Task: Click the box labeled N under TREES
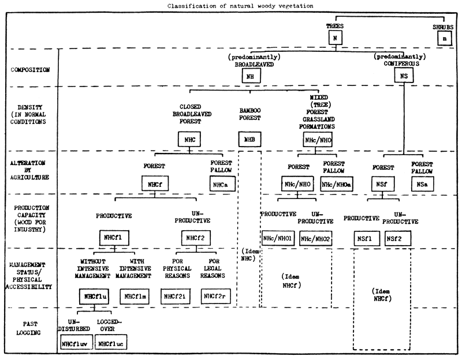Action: pyautogui.click(x=334, y=39)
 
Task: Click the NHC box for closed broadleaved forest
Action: pyautogui.click(x=189, y=139)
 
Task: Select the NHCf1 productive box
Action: pyautogui.click(x=112, y=237)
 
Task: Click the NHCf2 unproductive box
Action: pyautogui.click(x=193, y=237)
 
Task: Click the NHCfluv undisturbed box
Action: pyautogui.click(x=74, y=343)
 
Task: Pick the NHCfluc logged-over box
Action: pyautogui.click(x=111, y=343)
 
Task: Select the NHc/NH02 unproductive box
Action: pyautogui.click(x=316, y=238)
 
